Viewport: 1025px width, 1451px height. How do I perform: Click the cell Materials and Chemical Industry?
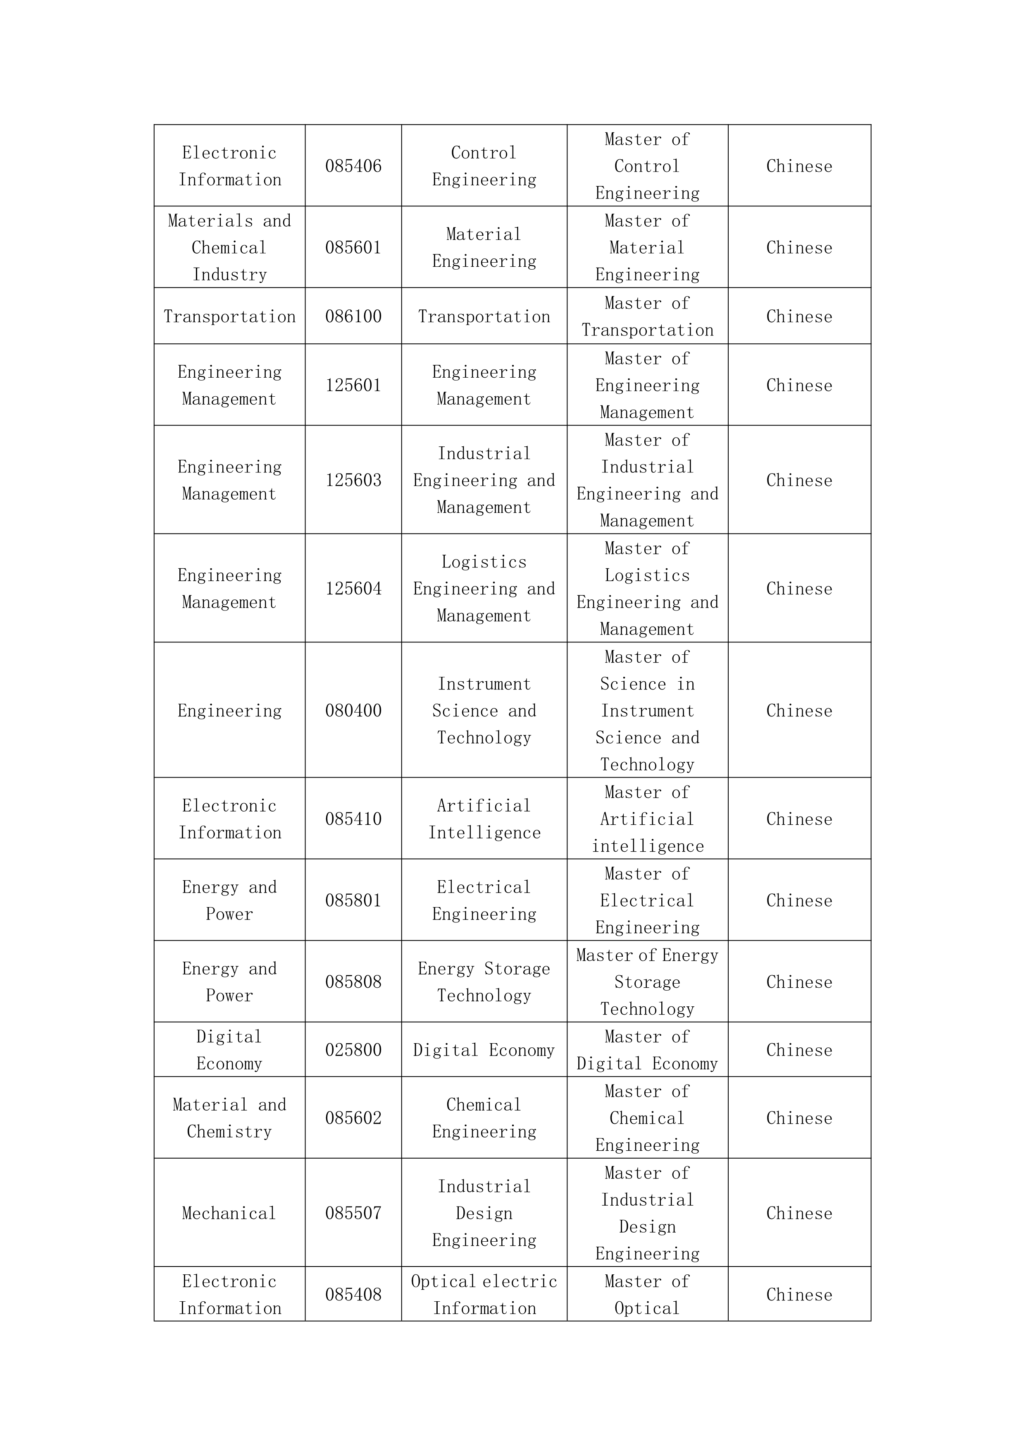[229, 248]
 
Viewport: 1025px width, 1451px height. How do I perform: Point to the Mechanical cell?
[229, 1214]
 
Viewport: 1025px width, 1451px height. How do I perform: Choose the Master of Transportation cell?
[647, 316]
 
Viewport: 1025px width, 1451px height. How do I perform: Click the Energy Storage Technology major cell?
[484, 982]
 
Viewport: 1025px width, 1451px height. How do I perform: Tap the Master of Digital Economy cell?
[647, 1050]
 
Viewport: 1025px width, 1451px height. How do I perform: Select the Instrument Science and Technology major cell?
[484, 711]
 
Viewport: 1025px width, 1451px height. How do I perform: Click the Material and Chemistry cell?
[229, 1118]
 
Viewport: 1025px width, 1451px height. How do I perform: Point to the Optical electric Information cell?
[484, 1295]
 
